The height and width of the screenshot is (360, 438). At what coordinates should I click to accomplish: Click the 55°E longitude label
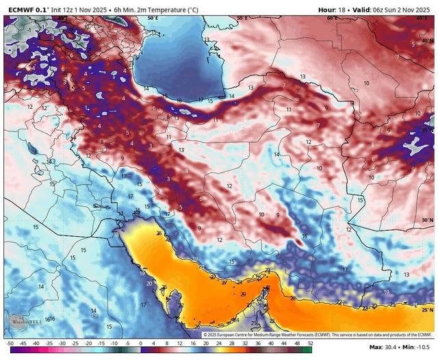(242, 18)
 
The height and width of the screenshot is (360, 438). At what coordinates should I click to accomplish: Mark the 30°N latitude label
(428, 220)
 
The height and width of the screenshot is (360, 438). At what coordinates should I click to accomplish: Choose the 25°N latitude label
(428, 310)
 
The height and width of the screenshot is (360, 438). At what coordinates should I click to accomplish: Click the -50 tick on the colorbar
(10, 342)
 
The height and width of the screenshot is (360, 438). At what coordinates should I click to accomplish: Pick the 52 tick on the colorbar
(310, 342)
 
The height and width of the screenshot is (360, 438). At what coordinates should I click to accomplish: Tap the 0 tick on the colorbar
(140, 342)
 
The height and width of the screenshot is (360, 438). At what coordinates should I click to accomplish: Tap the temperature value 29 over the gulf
(242, 293)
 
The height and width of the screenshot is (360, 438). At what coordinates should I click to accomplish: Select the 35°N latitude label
(428, 129)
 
